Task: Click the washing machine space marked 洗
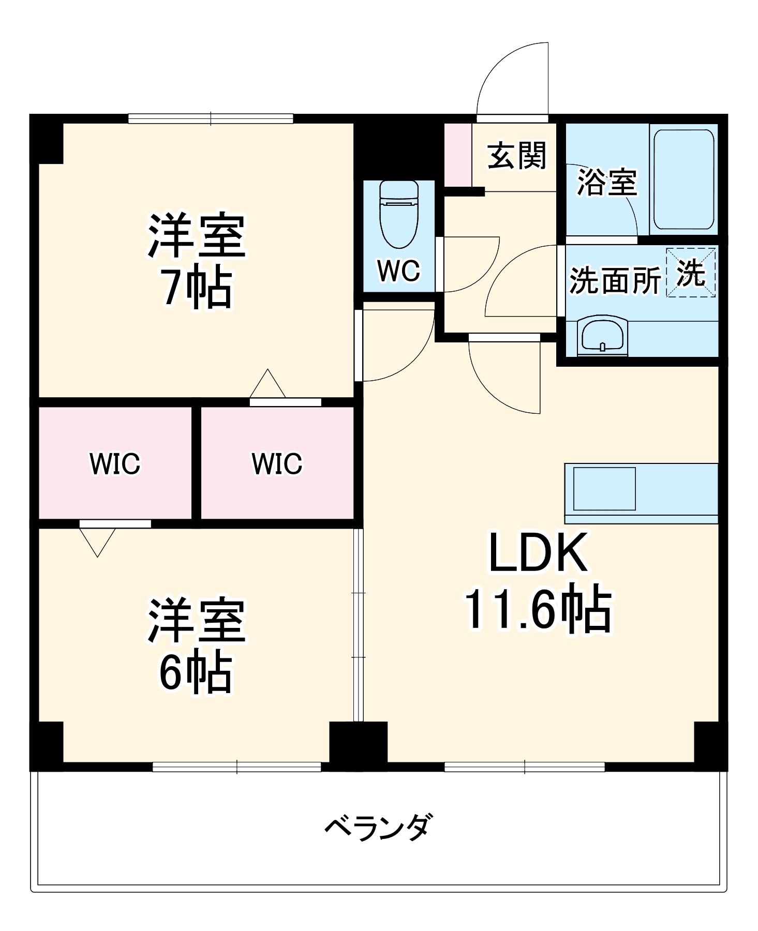tap(691, 273)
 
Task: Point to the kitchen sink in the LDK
tap(604, 489)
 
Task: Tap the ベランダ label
tap(377, 827)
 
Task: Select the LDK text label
tap(538, 552)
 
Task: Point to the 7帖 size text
tap(197, 288)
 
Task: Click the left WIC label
tap(115, 463)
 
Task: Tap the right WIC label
tap(277, 463)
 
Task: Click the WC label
tap(398, 271)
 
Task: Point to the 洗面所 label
tap(615, 281)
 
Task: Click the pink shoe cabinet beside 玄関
tap(458, 155)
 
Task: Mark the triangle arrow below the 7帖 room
tap(267, 385)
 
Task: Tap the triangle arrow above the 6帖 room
tap(97, 541)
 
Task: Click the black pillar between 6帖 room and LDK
tap(358, 742)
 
